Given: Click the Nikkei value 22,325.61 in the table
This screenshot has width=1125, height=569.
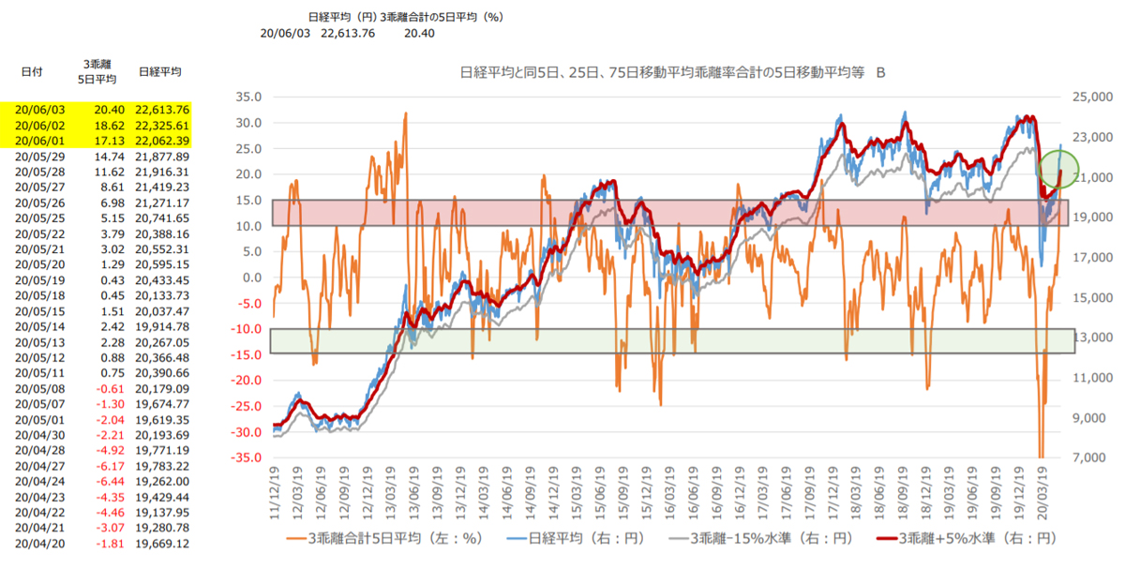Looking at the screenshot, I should (163, 125).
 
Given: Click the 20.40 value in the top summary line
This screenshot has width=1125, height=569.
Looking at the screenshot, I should (419, 33).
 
